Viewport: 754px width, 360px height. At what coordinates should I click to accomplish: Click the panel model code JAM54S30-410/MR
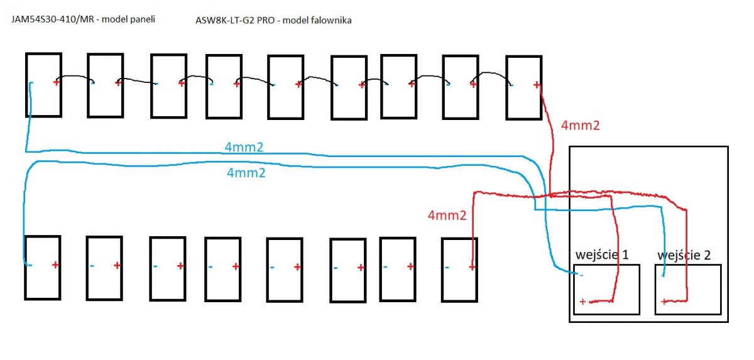tap(52, 19)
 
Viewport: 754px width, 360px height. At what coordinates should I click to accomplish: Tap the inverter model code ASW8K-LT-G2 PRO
tap(235, 20)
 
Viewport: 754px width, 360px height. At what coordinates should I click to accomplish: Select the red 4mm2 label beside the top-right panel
tap(581, 126)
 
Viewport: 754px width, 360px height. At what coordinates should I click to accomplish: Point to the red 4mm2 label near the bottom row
tap(447, 215)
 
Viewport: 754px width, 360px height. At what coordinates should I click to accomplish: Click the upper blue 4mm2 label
tap(244, 147)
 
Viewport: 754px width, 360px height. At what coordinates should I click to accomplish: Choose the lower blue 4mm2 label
tap(246, 173)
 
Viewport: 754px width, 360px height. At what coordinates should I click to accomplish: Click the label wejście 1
tap(602, 254)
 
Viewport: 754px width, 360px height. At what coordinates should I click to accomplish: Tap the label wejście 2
tap(684, 255)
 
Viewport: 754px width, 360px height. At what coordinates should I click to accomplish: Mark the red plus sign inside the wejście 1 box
tap(582, 302)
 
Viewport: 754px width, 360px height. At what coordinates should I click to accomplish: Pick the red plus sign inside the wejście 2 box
tap(664, 302)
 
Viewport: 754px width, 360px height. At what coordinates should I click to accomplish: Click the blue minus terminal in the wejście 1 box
tap(581, 276)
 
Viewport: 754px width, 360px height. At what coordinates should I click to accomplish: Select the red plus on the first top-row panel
tap(56, 82)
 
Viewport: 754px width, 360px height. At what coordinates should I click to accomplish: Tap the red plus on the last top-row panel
tap(537, 85)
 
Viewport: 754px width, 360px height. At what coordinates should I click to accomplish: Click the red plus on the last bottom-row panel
tap(472, 267)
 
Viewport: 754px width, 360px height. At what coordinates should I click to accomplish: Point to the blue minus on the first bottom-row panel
tap(30, 266)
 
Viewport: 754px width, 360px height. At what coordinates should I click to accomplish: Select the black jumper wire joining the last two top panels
tap(490, 73)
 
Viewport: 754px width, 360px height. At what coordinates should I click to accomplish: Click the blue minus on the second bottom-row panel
tap(92, 266)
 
